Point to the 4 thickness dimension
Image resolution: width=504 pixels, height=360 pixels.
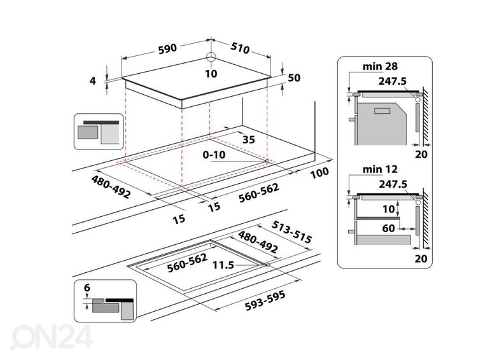pos(93,81)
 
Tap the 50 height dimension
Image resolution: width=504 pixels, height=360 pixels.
pos(294,78)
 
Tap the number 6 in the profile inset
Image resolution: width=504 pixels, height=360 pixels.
pos(87,287)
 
